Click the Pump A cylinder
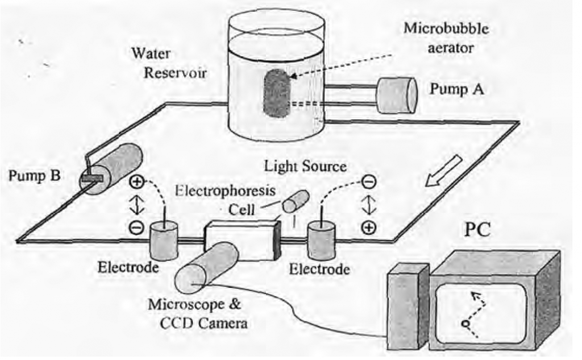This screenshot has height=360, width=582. pos(397,95)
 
